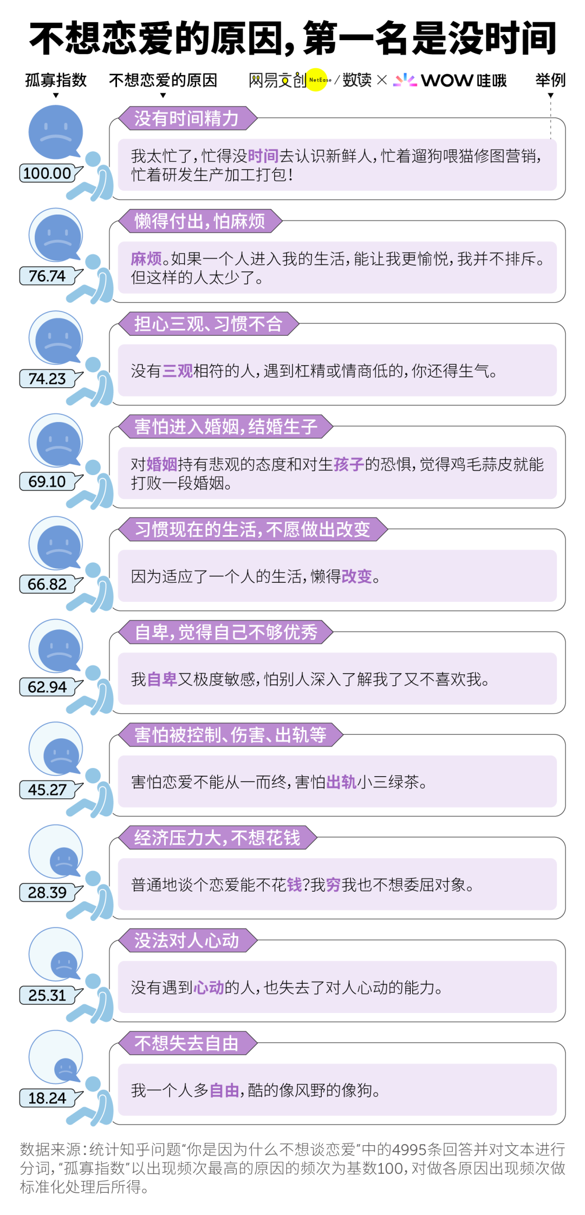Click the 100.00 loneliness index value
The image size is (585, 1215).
point(48,173)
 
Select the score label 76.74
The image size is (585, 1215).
point(48,276)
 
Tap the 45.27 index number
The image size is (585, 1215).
point(48,790)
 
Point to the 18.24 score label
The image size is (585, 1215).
point(48,1098)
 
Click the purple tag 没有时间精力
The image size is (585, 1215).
point(187,118)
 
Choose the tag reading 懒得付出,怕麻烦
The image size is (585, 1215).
point(200,221)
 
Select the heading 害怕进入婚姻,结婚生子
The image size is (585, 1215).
point(225,427)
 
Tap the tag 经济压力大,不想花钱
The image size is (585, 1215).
point(217,837)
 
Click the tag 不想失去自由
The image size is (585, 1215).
point(187,1043)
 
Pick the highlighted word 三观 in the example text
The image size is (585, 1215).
point(178,371)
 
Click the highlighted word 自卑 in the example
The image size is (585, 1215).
point(162,679)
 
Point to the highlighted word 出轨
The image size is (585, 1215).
point(341,782)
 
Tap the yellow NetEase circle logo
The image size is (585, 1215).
point(318,80)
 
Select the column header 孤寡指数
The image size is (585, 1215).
point(56,80)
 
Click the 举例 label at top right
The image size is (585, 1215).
point(550,80)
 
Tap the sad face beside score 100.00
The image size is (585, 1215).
point(55,132)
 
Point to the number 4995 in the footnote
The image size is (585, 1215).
point(409,1149)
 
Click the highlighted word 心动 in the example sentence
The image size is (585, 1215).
point(209,987)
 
